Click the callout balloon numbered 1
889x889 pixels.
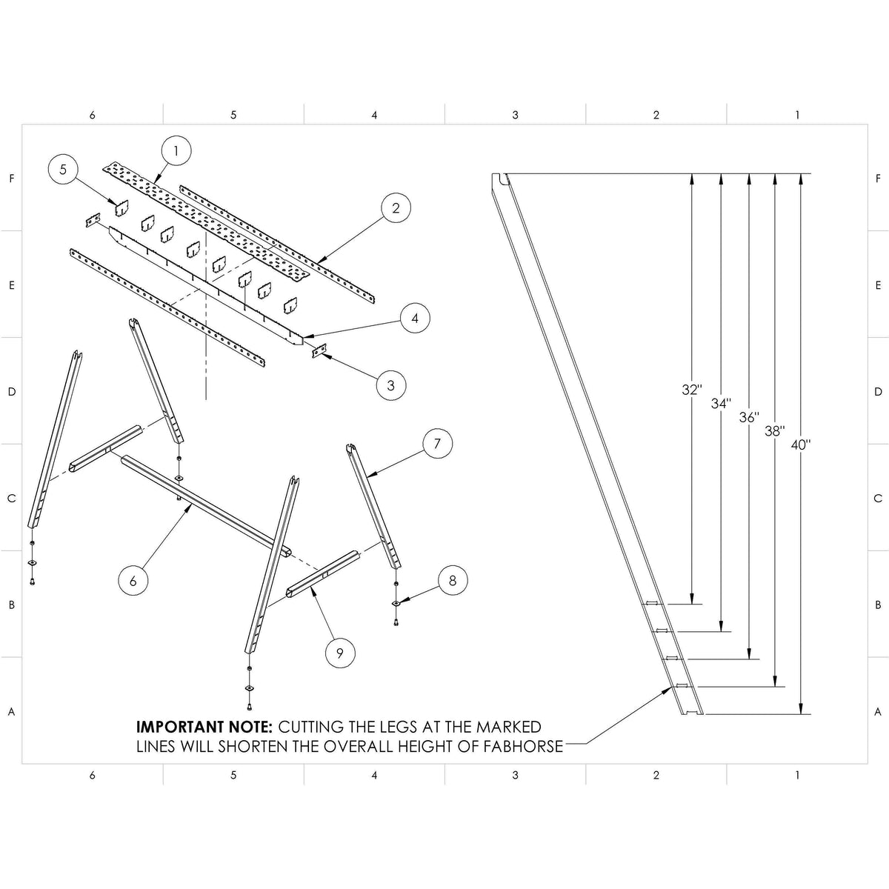pos(176,150)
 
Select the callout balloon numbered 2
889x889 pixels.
pos(396,208)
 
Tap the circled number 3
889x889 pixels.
pos(391,384)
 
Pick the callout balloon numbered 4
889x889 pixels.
pos(415,318)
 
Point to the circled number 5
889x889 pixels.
pos(63,170)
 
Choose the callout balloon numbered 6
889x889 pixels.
pos(133,580)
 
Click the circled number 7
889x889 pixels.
pos(437,443)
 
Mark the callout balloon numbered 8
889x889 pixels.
pos(452,580)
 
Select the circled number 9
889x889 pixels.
pos(340,653)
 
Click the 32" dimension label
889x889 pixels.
pos(691,390)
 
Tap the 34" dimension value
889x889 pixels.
pos(721,404)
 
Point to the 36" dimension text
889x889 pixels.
pos(749,418)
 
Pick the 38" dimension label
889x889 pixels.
pos(775,431)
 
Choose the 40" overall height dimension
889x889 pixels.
pos(800,444)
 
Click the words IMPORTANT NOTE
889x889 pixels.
pos(204,727)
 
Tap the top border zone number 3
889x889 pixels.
pos(515,115)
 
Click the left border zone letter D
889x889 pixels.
pos(12,392)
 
